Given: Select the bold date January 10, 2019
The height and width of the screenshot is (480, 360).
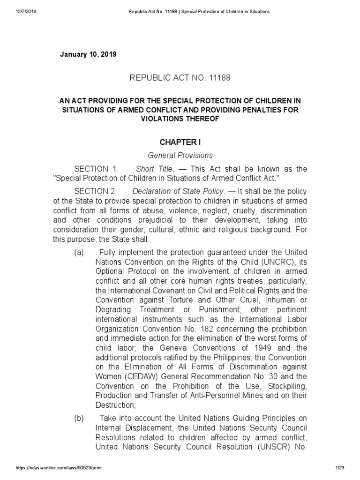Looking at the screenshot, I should pyautogui.click(x=88, y=54).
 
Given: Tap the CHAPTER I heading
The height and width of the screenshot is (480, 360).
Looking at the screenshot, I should pyautogui.click(x=180, y=142).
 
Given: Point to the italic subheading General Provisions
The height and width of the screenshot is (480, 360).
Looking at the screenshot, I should pyautogui.click(x=180, y=155).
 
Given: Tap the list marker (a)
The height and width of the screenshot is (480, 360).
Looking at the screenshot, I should pyautogui.click(x=79, y=253).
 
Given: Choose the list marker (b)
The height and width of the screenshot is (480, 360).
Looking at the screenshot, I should pyautogui.click(x=79, y=418).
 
